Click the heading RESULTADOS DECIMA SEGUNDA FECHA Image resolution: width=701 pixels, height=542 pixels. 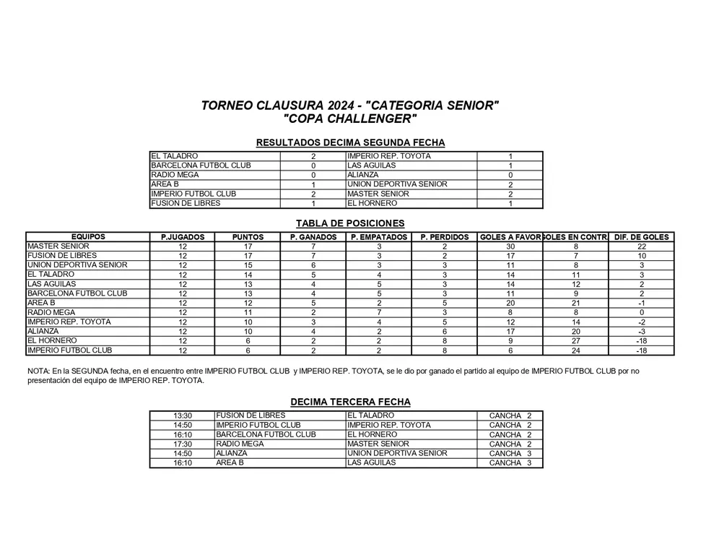[x=350, y=142]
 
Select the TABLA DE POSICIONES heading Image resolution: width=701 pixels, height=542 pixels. [x=350, y=223]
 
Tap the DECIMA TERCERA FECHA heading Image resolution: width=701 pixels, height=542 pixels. [x=350, y=402]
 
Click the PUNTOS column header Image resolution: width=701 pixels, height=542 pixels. [x=248, y=237]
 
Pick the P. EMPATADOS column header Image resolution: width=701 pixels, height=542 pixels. [x=379, y=237]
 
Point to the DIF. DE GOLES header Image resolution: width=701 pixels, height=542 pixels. [x=641, y=237]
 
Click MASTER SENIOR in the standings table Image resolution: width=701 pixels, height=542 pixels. [x=58, y=246]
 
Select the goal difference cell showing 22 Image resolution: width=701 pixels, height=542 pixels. [x=641, y=246]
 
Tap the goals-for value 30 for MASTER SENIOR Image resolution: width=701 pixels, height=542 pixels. [x=510, y=246]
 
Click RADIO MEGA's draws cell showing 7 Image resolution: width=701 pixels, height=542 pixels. [x=379, y=313]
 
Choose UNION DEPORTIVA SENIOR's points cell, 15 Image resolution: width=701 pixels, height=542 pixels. [x=248, y=265]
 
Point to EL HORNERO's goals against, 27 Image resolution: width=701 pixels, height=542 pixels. [x=575, y=341]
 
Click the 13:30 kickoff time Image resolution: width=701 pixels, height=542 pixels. [x=183, y=416]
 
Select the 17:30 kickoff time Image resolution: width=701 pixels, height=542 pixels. [x=183, y=444]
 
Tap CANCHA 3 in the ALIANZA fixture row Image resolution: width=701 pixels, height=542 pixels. [x=510, y=454]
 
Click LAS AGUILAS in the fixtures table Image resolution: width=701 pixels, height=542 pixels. [x=371, y=463]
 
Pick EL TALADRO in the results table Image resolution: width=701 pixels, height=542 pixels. [x=174, y=156]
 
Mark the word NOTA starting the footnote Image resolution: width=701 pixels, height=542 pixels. [x=37, y=371]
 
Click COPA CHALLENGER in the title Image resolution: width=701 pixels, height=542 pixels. [x=350, y=119]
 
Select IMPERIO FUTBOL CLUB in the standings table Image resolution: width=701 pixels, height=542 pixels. [x=69, y=350]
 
